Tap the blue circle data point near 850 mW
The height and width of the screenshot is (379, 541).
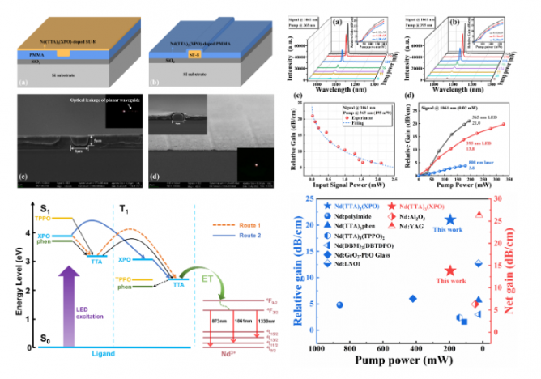coord(339,304)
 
